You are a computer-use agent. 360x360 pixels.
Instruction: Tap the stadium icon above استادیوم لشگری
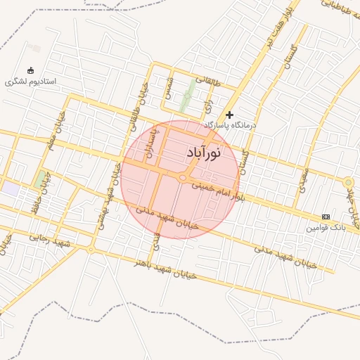tap(30, 70)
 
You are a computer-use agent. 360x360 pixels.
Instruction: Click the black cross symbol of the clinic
tap(229, 115)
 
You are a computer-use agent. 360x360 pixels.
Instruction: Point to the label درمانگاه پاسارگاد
tap(231, 124)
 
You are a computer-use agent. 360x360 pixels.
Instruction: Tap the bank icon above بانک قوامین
tap(326, 217)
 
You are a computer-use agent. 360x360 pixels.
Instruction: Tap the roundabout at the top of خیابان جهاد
tap(348, 182)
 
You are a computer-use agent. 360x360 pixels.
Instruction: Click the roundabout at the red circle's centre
tap(182, 179)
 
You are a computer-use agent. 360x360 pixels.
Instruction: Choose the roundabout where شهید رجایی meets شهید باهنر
tap(91, 249)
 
